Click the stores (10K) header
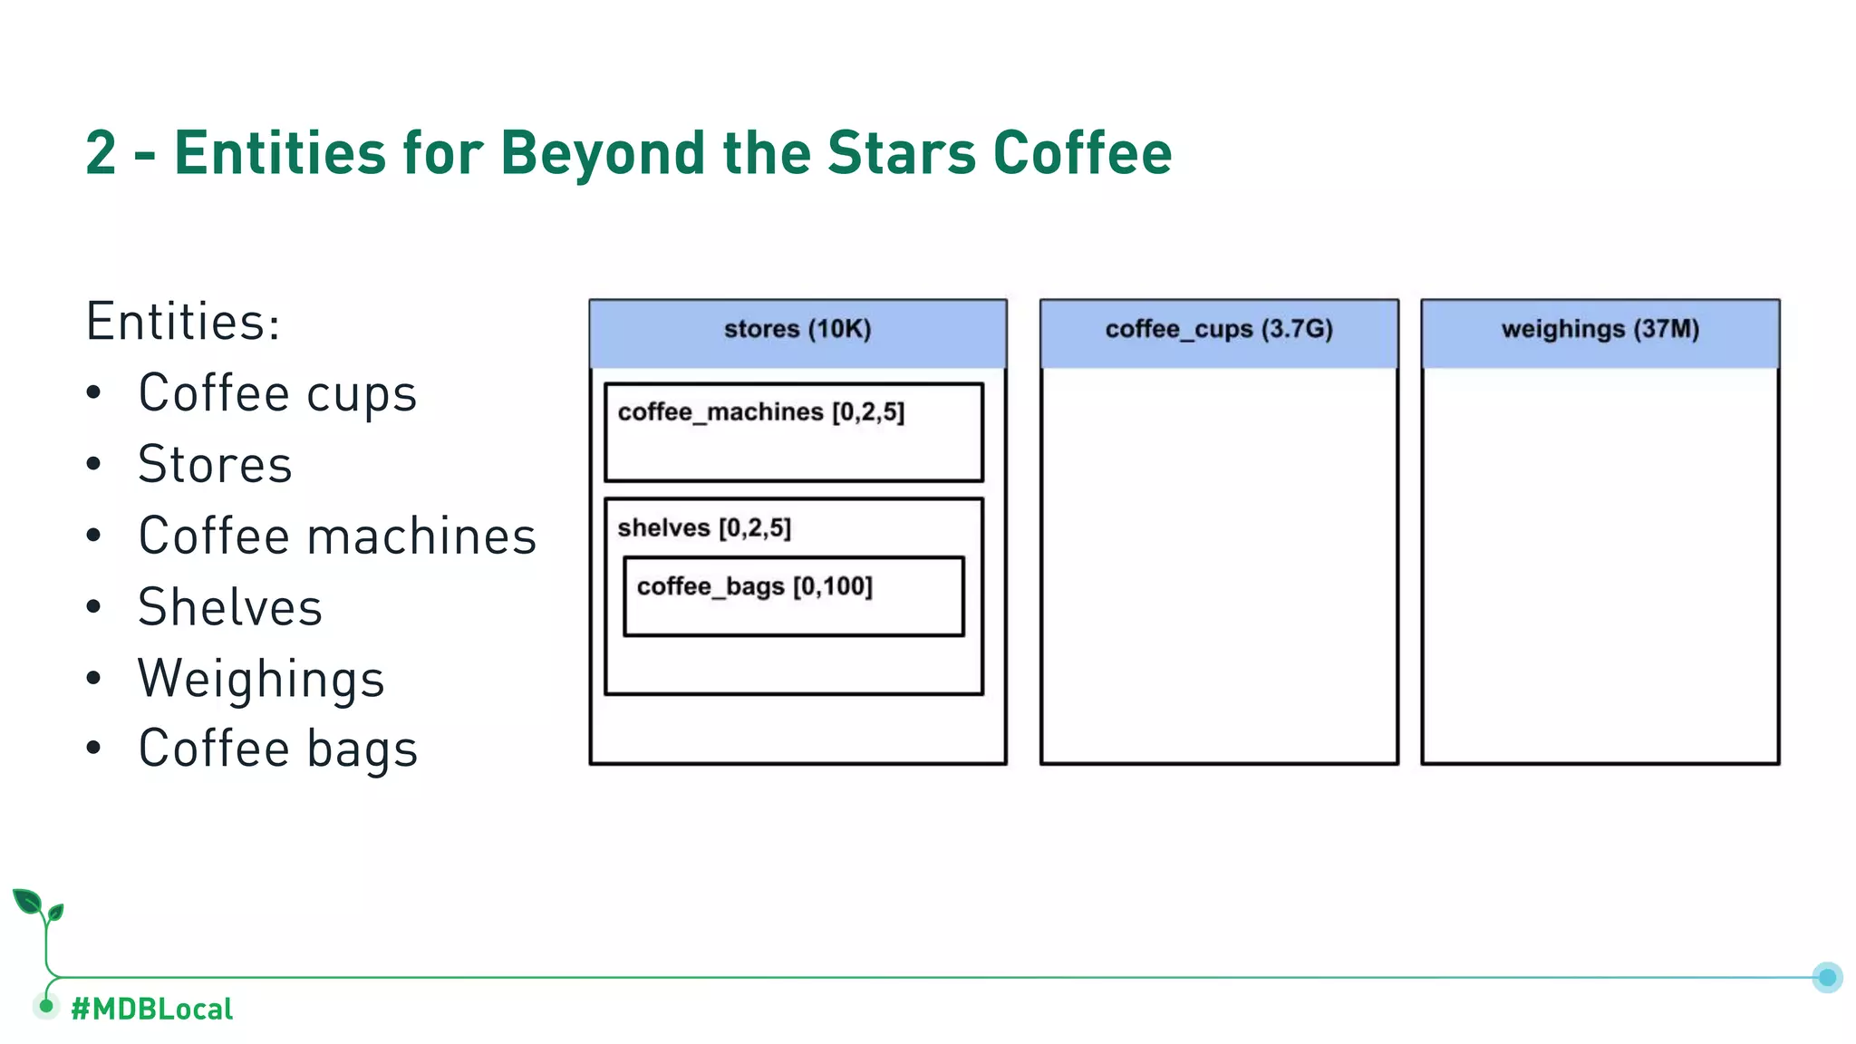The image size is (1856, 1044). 797,330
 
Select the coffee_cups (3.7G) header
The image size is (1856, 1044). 1219,330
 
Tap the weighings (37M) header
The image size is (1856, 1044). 1600,330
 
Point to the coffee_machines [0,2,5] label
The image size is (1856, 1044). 761,412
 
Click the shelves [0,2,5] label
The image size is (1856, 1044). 704,528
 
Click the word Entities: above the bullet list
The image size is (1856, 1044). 183,322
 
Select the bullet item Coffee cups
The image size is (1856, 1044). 277,393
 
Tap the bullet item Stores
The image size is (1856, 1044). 215,465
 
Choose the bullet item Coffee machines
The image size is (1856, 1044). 337,536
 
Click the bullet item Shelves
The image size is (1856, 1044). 230,607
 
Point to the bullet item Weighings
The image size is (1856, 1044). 261,679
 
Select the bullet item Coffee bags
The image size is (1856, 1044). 277,749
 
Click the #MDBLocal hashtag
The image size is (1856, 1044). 151,1009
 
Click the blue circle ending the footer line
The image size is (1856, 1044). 1827,977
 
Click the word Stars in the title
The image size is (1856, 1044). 902,152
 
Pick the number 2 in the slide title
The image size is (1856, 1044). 101,152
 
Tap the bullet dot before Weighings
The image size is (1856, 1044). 94,679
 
